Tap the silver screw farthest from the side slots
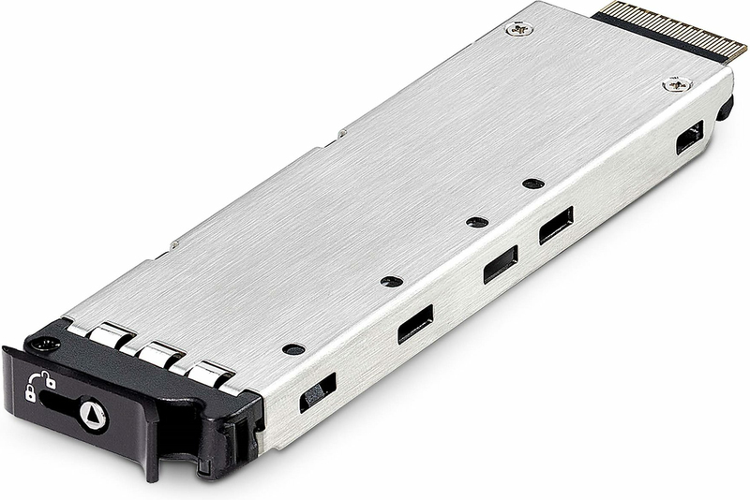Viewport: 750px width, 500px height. [x=517, y=29]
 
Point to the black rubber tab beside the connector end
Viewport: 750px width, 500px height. [x=725, y=107]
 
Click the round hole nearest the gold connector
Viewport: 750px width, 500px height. [x=533, y=183]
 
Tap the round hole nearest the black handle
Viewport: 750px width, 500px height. [x=293, y=348]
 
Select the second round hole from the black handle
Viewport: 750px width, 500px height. [x=392, y=281]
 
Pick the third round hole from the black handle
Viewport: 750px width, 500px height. [x=477, y=222]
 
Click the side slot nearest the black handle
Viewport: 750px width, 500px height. [x=318, y=392]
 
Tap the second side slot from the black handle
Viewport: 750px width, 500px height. [x=415, y=324]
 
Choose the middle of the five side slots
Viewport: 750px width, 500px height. [x=500, y=264]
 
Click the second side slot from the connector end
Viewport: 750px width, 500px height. [x=556, y=225]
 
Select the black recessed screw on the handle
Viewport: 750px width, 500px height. [x=40, y=345]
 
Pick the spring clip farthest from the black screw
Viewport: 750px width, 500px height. [x=209, y=375]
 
